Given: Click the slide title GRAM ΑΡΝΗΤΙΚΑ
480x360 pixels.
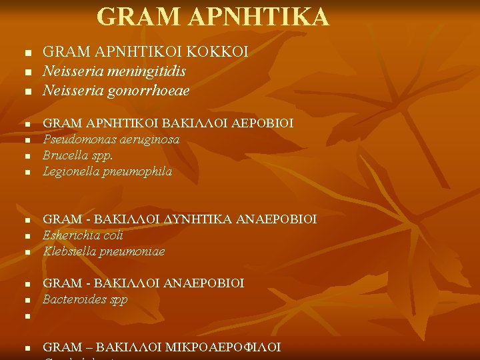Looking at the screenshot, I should [213, 17].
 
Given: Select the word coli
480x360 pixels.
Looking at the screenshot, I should [113, 235].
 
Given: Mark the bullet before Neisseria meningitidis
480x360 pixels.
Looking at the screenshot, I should [27, 71].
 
